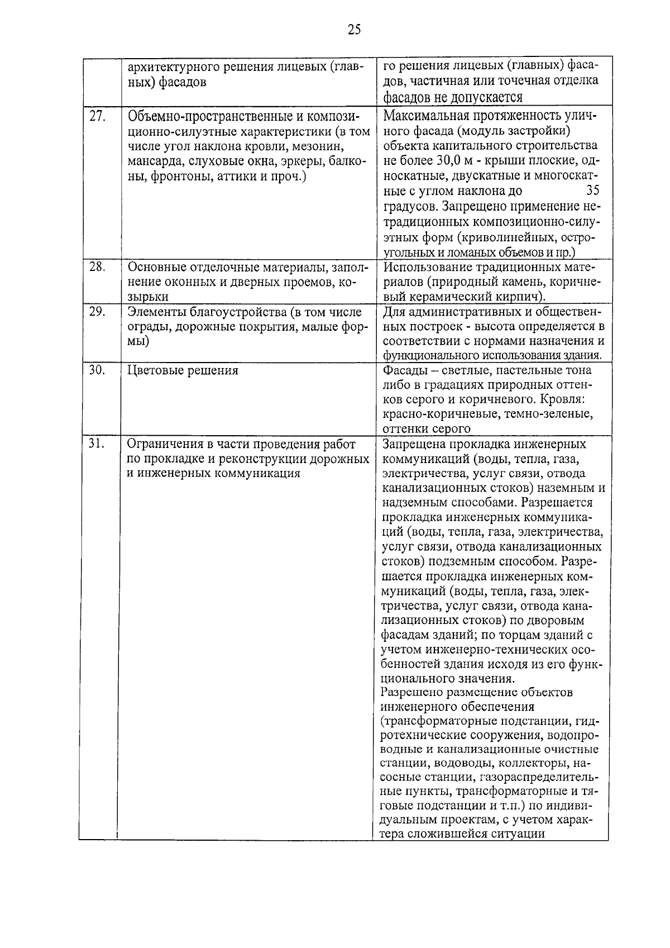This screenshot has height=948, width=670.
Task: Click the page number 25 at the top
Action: (354, 30)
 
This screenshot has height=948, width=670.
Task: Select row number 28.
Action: (98, 267)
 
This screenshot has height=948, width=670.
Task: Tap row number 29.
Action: (98, 312)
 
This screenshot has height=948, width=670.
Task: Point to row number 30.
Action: (98, 370)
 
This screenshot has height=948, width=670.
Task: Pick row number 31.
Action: (98, 444)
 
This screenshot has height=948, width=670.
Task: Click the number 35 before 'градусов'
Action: (593, 191)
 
